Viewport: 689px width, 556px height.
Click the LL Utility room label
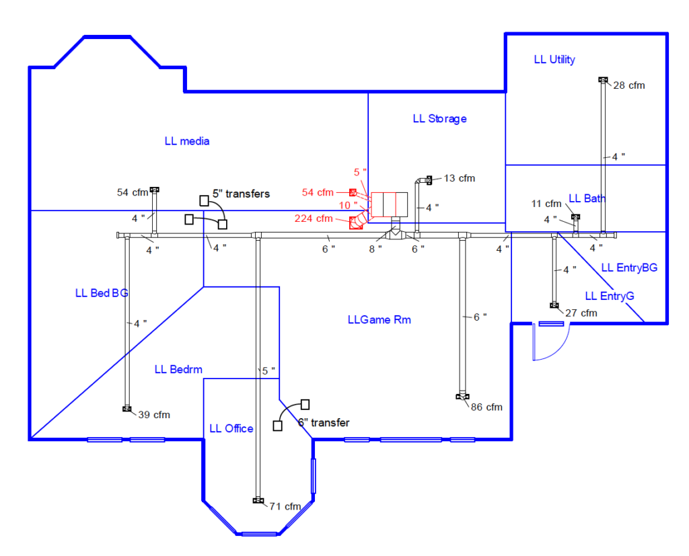pos(554,60)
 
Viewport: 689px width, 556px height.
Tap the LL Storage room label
pos(439,119)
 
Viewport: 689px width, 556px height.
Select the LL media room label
pos(187,141)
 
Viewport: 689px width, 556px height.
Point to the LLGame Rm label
pos(379,320)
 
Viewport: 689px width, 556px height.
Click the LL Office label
pos(231,429)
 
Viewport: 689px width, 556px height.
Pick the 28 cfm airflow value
pos(629,85)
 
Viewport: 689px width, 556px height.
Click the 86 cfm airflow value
pos(486,407)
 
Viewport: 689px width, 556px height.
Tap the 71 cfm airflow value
pos(285,507)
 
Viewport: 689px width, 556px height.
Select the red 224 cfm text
pos(314,219)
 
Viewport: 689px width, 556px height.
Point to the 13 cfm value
pos(459,178)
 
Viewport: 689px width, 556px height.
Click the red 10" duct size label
pos(348,206)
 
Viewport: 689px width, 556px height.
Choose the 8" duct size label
pos(375,249)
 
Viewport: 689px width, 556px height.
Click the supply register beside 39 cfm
pos(127,409)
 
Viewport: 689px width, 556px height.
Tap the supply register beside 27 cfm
pos(554,305)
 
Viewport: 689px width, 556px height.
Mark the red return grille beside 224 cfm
pos(355,223)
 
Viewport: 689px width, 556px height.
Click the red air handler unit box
pos(390,204)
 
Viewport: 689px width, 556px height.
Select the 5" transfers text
pos(242,194)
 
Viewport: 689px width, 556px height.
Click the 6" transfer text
pos(324,423)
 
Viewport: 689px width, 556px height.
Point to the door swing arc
pos(558,349)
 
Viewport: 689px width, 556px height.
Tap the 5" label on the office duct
pos(268,371)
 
